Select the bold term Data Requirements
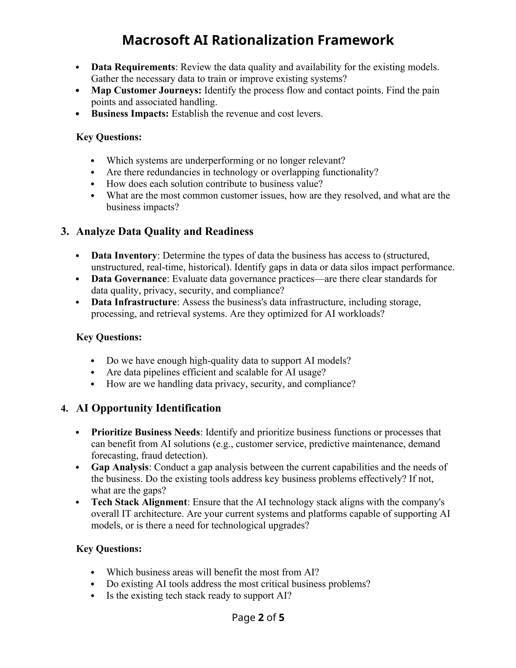133,67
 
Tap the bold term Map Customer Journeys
146,90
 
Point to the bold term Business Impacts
130,114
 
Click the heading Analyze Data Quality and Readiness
165,232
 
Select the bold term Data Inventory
124,255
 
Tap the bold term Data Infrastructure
134,302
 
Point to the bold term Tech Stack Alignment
139,502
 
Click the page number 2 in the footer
261,618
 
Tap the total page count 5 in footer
281,618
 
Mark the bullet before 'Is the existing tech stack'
93,596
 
